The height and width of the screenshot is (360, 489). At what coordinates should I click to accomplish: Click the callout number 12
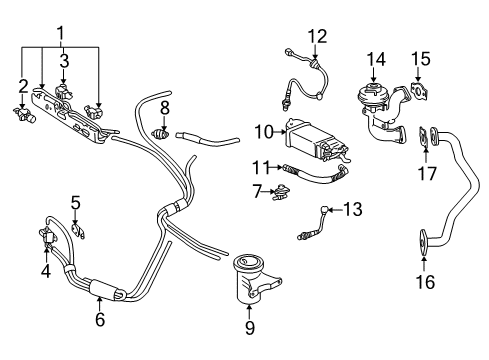(x=317, y=36)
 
